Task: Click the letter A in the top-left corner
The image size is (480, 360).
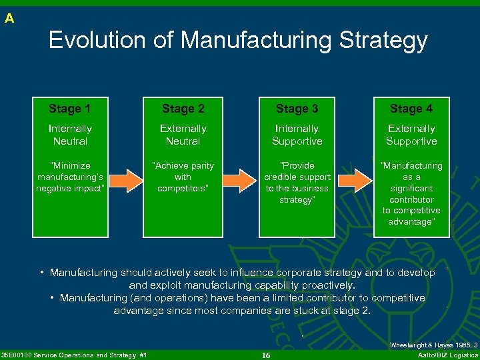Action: [x=9, y=19]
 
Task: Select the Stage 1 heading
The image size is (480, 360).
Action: [x=69, y=109]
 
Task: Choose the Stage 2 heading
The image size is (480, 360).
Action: [x=183, y=109]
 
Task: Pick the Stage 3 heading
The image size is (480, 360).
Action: [x=297, y=109]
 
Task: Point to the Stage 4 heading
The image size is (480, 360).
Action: [x=411, y=109]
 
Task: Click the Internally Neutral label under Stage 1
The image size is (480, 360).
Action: [x=70, y=135]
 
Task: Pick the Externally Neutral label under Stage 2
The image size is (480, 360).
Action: [x=183, y=135]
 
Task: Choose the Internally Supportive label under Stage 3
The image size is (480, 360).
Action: [x=297, y=135]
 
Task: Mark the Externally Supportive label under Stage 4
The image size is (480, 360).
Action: [x=411, y=135]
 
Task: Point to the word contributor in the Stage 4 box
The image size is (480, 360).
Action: [x=411, y=199]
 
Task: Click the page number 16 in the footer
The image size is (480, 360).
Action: [x=266, y=355]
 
